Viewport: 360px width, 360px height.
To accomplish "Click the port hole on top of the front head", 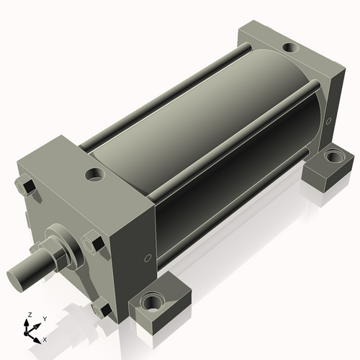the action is (x=95, y=174).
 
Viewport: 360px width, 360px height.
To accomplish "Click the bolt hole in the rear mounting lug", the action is (x=333, y=156).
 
